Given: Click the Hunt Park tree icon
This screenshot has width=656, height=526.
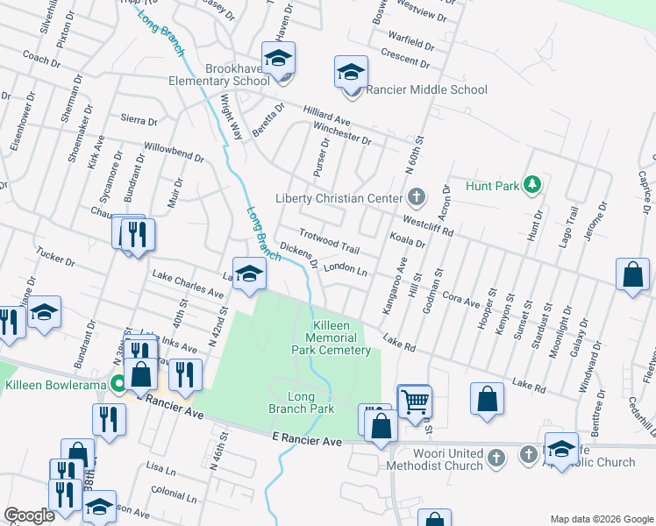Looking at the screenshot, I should pos(531,184).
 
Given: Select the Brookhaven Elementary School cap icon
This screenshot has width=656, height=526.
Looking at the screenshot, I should pos(278,58).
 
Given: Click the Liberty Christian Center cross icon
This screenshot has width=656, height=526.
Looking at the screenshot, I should pos(417,197).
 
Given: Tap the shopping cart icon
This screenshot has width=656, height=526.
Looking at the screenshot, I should pos(414,402).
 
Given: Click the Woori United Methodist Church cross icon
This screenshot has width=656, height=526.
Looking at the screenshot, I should pos(496,458).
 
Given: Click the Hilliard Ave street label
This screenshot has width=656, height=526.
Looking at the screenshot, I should pos(327,117).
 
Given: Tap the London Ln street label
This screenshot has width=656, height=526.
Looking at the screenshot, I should pos(345,268).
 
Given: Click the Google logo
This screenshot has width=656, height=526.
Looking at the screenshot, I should pos(30,515).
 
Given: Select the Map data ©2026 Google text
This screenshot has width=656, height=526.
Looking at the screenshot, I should pos(601,519).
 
